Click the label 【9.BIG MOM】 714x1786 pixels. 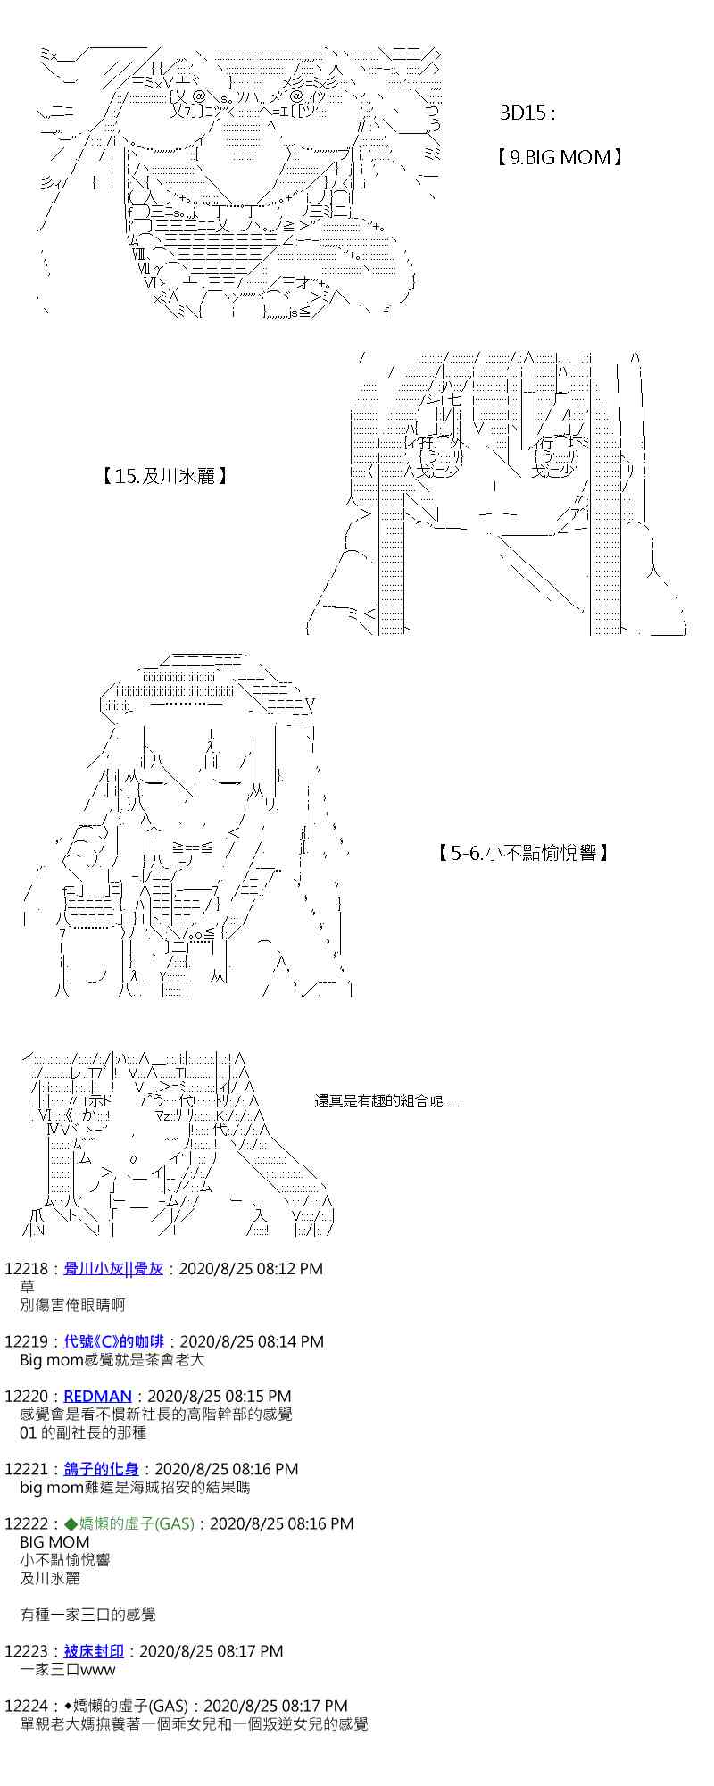pyautogui.click(x=558, y=158)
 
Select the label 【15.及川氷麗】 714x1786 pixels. pyautogui.click(x=165, y=476)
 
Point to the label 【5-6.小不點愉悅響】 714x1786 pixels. pyautogui.click(x=524, y=853)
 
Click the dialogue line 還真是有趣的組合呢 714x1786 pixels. pyautogui.click(x=386, y=1101)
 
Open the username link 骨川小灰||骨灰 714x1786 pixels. pyautogui.click(x=113, y=1268)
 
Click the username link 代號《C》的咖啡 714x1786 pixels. pyautogui.click(x=114, y=1341)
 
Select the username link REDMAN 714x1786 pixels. pyautogui.click(x=97, y=1396)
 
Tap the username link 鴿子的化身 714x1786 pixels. pyautogui.click(x=101, y=1469)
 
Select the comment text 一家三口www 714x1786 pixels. pyautogui.click(x=67, y=1669)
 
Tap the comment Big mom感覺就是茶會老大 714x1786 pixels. pyautogui.click(x=112, y=1360)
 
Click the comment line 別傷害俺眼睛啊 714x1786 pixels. pyautogui.click(x=72, y=1305)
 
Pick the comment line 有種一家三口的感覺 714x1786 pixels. pyautogui.click(x=87, y=1615)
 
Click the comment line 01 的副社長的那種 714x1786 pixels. pyautogui.click(x=83, y=1432)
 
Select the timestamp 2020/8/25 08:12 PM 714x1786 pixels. pyautogui.click(x=251, y=1268)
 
